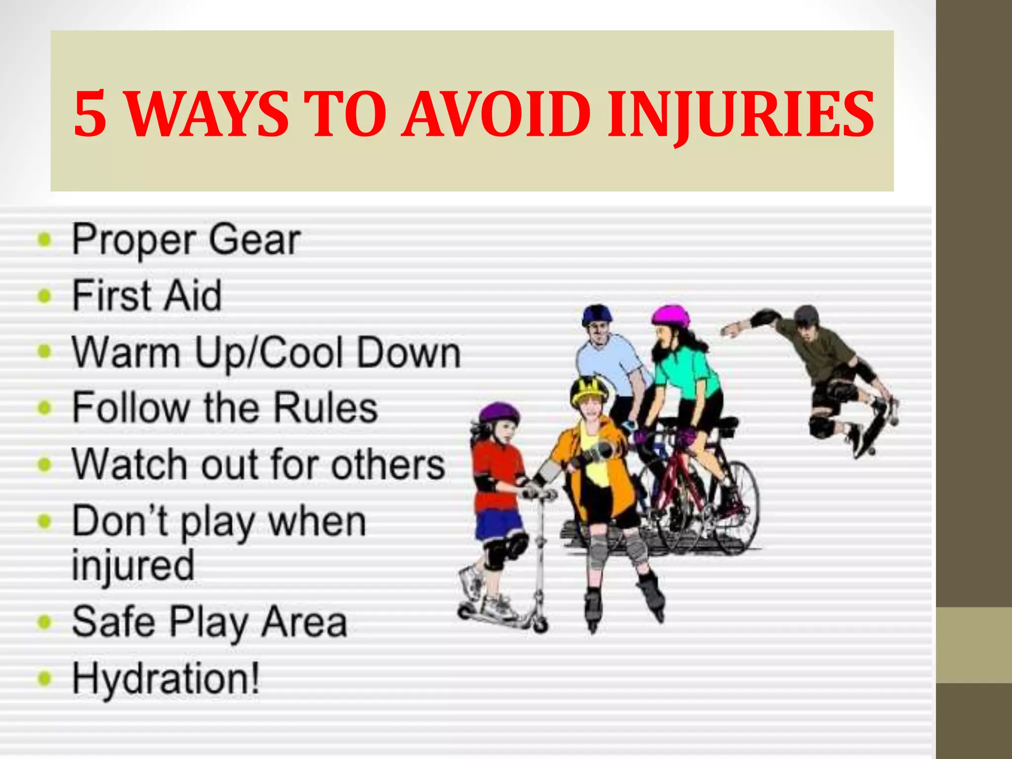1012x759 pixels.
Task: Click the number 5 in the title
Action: [x=90, y=114]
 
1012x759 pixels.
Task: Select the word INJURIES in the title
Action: [x=741, y=115]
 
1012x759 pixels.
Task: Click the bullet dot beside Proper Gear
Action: [x=45, y=240]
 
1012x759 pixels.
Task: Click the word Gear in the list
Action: [x=254, y=240]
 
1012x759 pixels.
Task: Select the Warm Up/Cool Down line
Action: [x=266, y=353]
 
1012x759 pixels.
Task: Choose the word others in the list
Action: [x=388, y=464]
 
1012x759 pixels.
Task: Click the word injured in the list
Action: [x=133, y=566]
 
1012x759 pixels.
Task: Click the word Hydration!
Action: [x=166, y=679]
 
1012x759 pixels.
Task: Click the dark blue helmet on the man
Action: [x=597, y=314]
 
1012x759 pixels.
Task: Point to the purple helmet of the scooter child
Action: [x=499, y=413]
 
